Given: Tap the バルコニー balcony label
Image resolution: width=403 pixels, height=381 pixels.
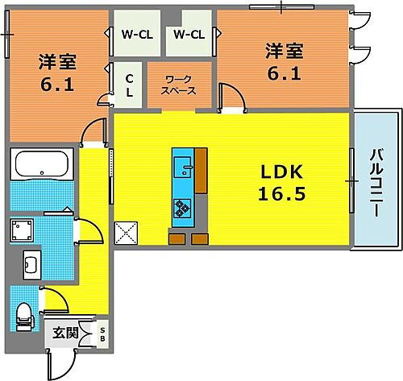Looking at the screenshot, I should tap(376, 183).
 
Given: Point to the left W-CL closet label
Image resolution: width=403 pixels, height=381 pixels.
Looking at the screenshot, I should tap(137, 35).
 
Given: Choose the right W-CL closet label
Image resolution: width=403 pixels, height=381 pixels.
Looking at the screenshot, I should tap(189, 35).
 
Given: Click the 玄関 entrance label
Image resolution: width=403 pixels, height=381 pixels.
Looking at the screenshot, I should tap(66, 333).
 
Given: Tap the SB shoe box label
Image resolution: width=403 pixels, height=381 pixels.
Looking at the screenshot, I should tap(102, 333).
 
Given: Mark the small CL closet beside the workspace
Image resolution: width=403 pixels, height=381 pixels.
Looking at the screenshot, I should tap(129, 84).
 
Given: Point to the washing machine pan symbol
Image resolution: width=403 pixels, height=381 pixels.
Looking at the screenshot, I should tap(22, 231).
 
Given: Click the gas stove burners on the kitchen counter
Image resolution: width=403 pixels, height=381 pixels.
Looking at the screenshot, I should tap(182, 207).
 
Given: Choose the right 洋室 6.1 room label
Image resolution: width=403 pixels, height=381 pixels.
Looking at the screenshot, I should tap(285, 61).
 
